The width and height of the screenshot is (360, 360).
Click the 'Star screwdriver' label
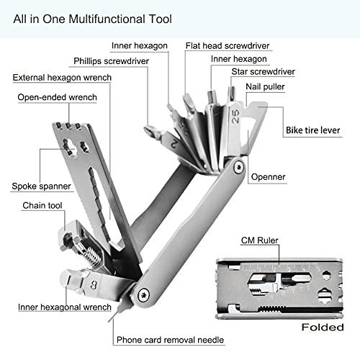point(263,72)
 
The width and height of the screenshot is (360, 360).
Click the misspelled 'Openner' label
point(269,176)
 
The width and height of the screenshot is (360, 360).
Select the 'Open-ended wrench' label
point(57,97)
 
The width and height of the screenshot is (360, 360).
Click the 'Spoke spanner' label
point(41,186)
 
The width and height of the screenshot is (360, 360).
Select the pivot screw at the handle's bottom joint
point(144,293)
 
